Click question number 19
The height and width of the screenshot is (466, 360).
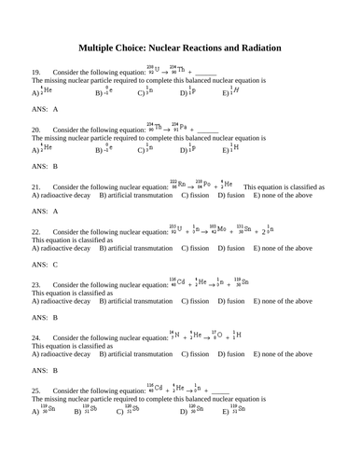click(x=36, y=72)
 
